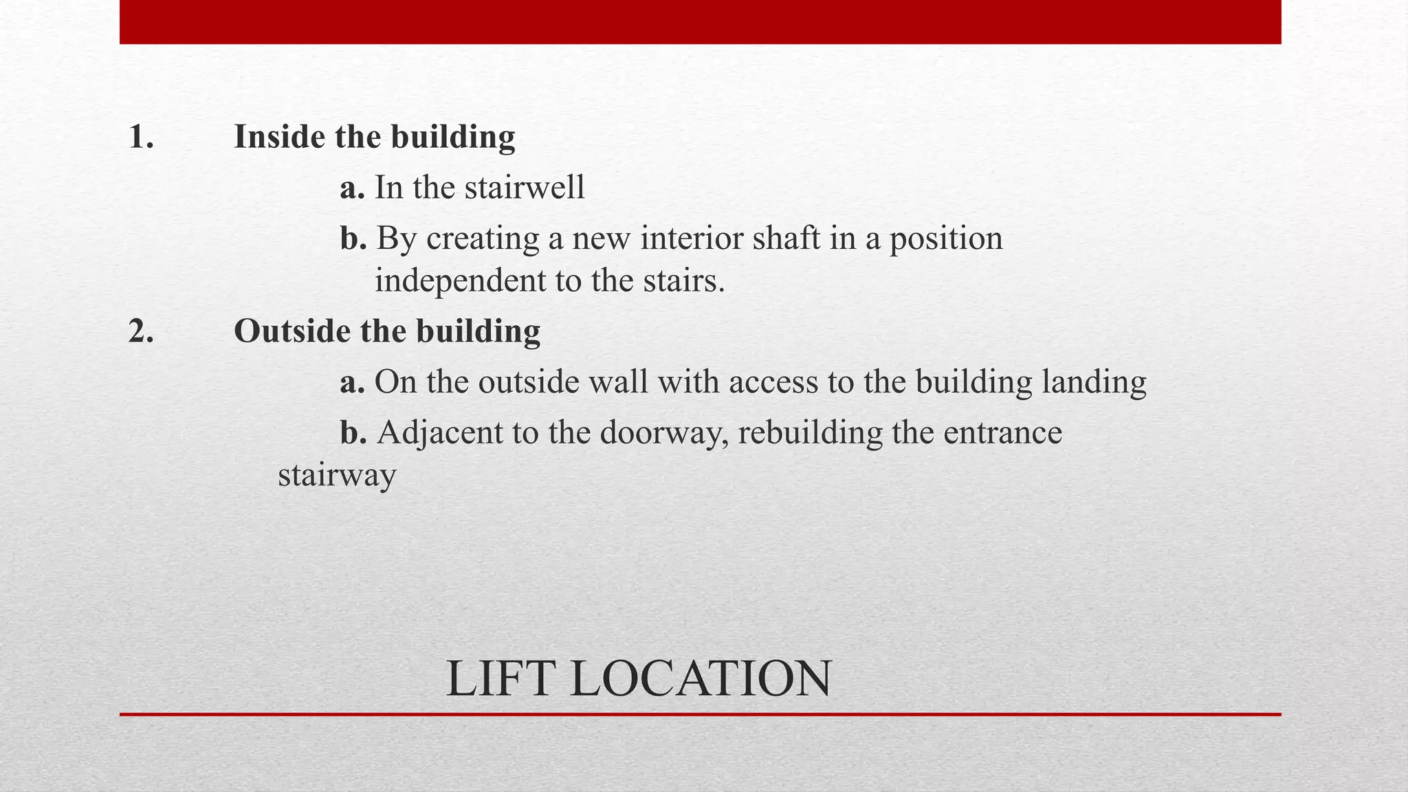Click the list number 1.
140,137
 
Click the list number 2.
141,331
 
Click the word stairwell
524,188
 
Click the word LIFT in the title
500,679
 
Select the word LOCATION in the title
701,679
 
